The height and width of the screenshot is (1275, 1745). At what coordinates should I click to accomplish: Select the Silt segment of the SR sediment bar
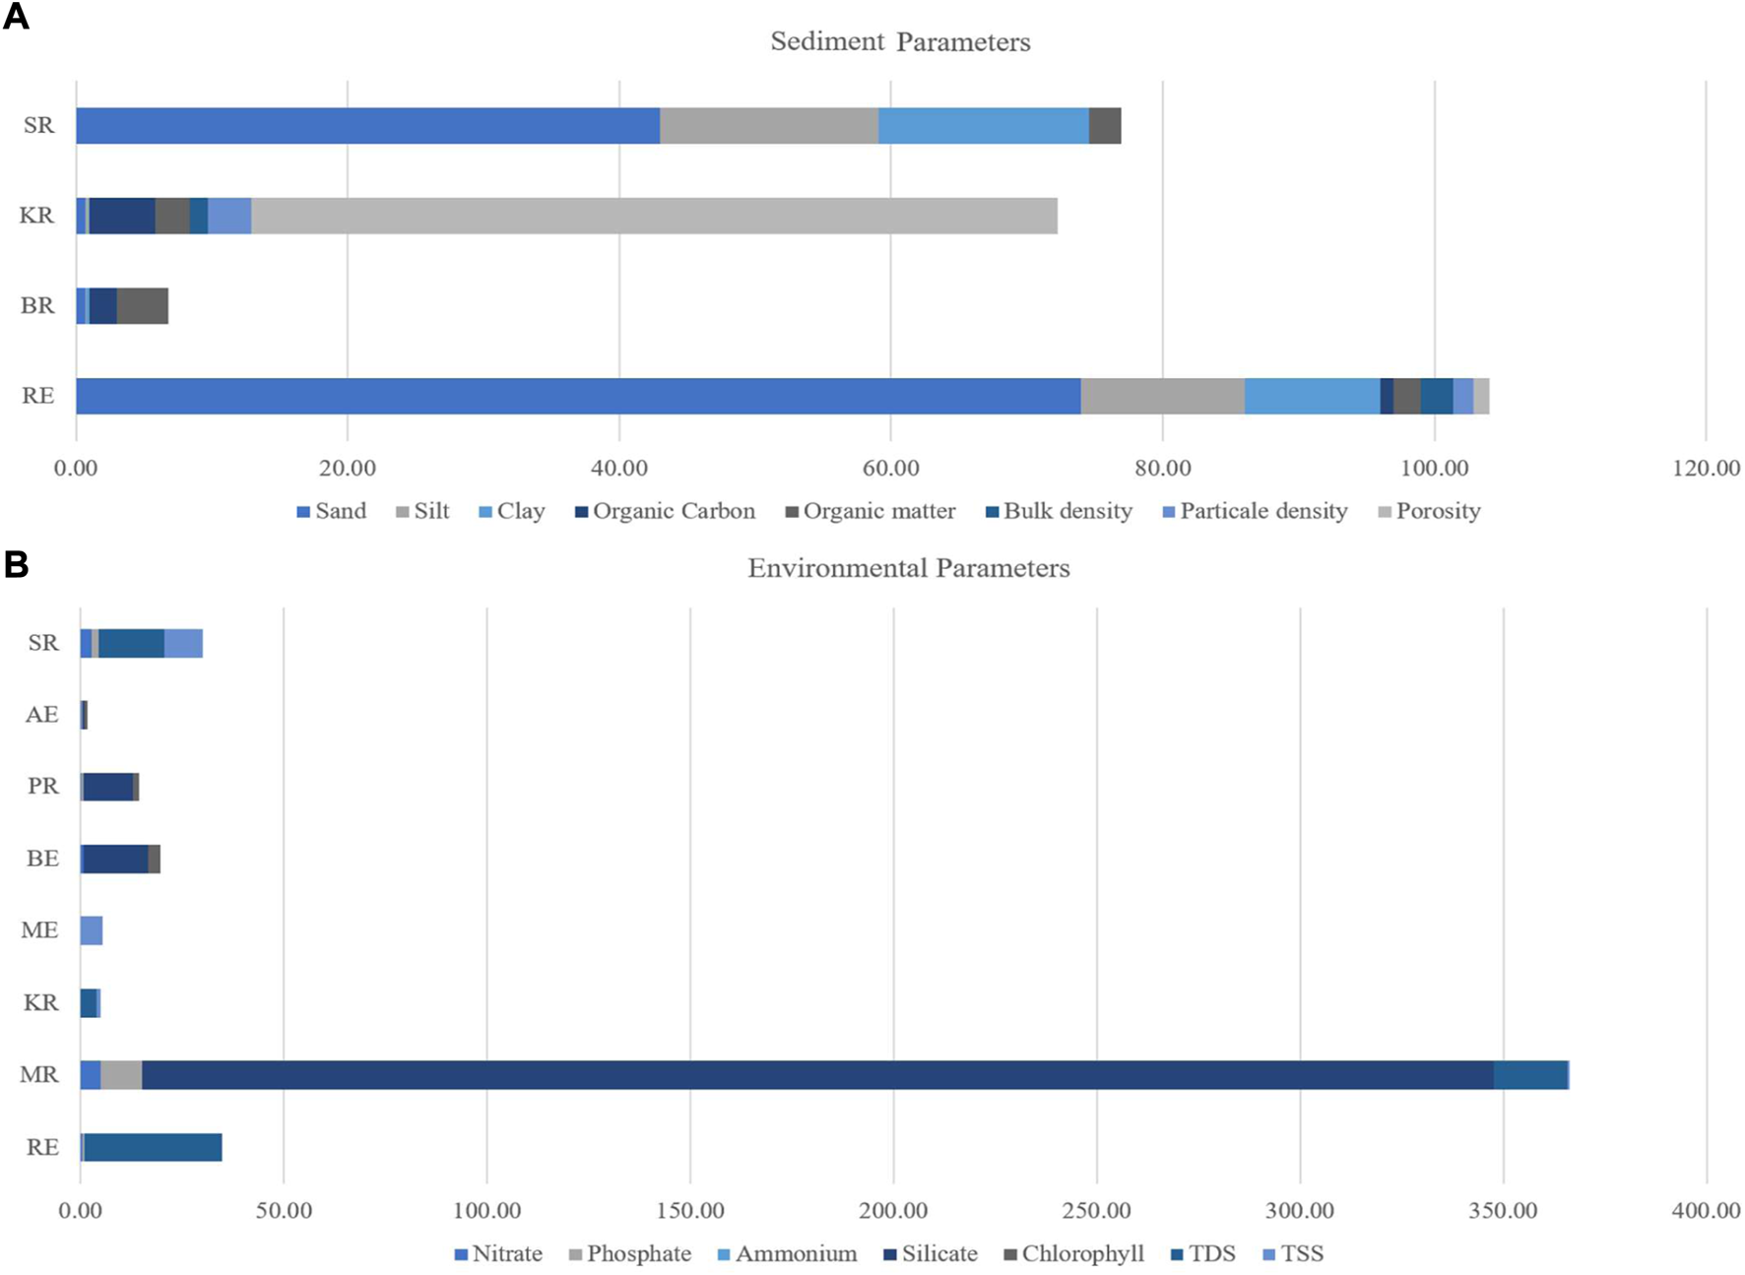point(768,126)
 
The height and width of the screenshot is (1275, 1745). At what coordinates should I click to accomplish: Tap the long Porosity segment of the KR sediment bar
point(654,216)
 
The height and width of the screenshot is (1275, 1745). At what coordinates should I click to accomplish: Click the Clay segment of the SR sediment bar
point(983,126)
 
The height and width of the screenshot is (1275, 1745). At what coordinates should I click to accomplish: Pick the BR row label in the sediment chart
point(37,306)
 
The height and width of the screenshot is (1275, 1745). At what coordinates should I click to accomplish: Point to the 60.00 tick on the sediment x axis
point(890,468)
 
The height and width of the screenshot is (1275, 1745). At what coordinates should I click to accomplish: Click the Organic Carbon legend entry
point(674,511)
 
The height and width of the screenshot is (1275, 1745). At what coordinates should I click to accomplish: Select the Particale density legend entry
point(1262,511)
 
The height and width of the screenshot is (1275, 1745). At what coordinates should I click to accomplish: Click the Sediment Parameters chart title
point(900,41)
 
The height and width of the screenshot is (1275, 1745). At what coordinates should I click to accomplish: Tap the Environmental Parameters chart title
point(908,568)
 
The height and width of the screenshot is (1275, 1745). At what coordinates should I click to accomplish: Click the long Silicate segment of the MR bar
point(817,1075)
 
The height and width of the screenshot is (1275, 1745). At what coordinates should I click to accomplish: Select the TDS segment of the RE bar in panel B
point(153,1147)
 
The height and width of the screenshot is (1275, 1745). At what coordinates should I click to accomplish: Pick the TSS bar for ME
point(92,930)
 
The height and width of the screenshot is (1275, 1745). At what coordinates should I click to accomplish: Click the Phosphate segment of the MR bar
point(121,1075)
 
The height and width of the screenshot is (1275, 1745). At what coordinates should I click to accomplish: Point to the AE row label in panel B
point(41,715)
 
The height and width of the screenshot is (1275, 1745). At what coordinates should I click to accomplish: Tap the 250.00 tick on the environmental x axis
point(1096,1211)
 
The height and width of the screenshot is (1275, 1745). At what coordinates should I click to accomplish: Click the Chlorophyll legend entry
point(1082,1254)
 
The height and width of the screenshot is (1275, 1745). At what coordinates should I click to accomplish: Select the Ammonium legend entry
point(796,1254)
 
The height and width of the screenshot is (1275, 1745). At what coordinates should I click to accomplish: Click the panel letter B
point(16,564)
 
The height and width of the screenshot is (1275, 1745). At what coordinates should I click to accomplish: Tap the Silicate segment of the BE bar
point(115,859)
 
